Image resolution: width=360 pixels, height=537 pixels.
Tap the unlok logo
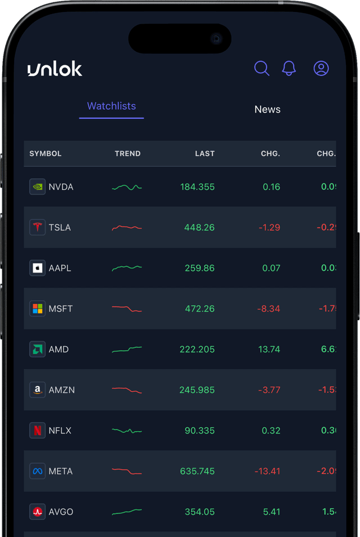[x=55, y=69]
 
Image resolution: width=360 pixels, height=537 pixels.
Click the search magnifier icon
[x=262, y=69]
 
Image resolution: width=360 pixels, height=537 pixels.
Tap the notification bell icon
[x=289, y=69]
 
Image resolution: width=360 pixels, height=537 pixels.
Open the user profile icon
[x=321, y=69]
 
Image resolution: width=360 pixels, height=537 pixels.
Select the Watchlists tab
[x=111, y=106]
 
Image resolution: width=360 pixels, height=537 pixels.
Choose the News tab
[x=267, y=109]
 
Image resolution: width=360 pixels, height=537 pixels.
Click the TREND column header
[x=128, y=154]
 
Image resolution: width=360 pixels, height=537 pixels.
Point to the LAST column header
[x=205, y=154]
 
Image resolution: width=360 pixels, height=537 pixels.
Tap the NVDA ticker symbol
[x=61, y=187]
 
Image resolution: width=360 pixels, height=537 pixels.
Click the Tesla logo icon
[x=37, y=227]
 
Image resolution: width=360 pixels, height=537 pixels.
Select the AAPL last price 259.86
[x=200, y=268]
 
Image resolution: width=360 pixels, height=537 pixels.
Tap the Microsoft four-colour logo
[x=37, y=308]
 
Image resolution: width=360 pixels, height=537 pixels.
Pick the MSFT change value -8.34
[x=269, y=308]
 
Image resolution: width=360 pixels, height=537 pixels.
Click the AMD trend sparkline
[x=127, y=350]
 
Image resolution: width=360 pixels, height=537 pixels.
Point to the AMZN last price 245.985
[x=197, y=390]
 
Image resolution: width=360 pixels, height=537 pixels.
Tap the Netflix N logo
[x=37, y=431]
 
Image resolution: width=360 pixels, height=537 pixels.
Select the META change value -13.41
[x=267, y=471]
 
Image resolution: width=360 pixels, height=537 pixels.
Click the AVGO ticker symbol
[x=61, y=512]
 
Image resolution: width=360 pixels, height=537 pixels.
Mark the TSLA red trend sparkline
[x=127, y=227]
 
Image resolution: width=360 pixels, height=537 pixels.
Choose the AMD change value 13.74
[x=269, y=349]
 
